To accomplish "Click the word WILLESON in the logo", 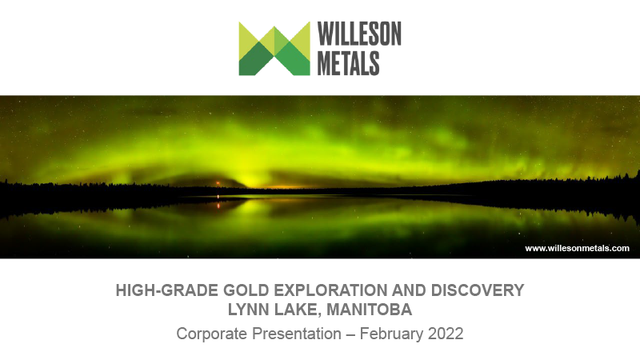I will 359,34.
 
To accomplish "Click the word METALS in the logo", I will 348,62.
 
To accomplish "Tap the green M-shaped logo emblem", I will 274,48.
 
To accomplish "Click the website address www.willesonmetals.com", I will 577,248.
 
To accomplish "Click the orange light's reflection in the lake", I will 218,205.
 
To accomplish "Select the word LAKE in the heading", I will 295,310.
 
